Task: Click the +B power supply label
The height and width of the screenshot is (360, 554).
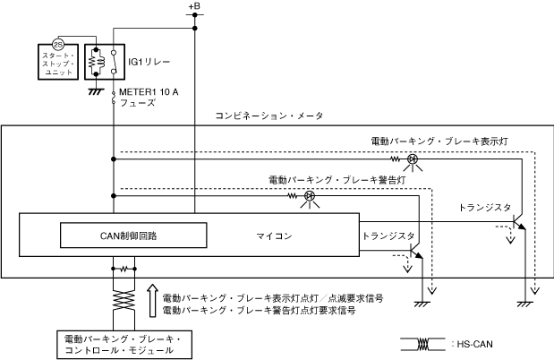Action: point(194,6)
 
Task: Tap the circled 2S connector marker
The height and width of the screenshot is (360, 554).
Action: point(58,44)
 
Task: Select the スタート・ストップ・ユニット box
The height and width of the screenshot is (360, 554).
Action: point(58,62)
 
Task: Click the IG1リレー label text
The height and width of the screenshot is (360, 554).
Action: point(149,62)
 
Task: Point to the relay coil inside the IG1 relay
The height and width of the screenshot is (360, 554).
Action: point(96,62)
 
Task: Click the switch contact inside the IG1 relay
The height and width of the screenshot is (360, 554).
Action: point(114,62)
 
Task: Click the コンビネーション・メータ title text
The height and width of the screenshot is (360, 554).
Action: point(269,116)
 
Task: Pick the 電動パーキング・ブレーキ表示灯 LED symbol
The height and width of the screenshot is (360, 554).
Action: point(413,159)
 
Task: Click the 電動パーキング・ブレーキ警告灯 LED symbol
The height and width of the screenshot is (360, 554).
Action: point(310,196)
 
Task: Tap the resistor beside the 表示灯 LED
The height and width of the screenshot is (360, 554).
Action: point(395,159)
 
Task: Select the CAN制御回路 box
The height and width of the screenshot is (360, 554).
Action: point(133,236)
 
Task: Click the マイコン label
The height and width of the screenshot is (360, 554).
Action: point(274,236)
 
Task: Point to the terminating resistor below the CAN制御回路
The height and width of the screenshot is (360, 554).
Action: point(124,270)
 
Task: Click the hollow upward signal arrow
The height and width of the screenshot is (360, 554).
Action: point(152,300)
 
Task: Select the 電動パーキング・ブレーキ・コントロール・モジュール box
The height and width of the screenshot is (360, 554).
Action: point(124,345)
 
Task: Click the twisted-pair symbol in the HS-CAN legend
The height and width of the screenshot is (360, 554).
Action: point(423,344)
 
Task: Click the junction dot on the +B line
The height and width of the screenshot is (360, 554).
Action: point(195,29)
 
